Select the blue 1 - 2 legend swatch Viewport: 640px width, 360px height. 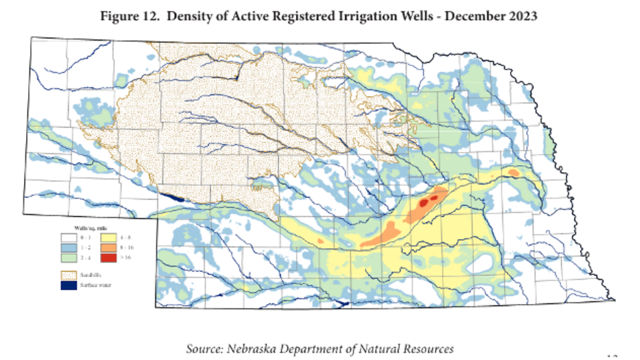click(69, 247)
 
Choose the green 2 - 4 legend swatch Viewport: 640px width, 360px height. click(69, 257)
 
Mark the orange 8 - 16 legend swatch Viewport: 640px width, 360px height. click(109, 247)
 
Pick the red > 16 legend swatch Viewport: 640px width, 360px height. click(109, 257)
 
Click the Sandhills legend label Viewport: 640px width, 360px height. click(91, 275)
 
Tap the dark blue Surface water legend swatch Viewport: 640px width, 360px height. click(69, 285)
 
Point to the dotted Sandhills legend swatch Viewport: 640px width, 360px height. click(69, 275)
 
